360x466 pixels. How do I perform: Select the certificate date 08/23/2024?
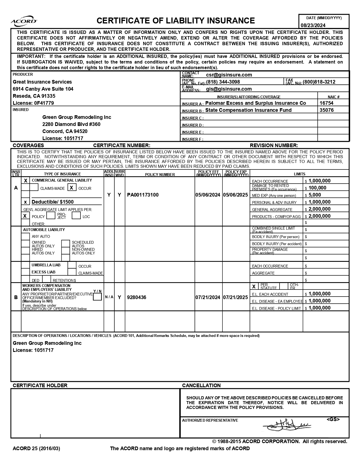313,25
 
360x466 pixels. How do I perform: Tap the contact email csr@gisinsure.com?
229,75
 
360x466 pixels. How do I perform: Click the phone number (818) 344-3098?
223,82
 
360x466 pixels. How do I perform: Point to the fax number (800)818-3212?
319,82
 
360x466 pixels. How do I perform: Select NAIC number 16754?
326,103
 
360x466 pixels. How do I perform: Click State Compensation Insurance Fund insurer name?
248,110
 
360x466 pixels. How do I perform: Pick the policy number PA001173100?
143,195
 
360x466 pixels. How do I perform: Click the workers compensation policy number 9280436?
137,297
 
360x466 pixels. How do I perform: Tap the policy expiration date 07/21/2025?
235,297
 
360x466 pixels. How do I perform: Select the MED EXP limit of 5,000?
315,195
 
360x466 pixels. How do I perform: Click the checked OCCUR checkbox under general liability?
72,188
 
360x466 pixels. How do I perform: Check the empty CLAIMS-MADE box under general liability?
34,188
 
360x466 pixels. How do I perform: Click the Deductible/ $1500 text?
53,202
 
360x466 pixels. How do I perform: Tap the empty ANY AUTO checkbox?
25,236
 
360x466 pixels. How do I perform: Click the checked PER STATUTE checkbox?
254,286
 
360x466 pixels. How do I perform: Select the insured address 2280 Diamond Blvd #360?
71,124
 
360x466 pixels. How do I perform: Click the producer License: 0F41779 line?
33,103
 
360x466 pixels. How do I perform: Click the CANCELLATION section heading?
201,386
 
